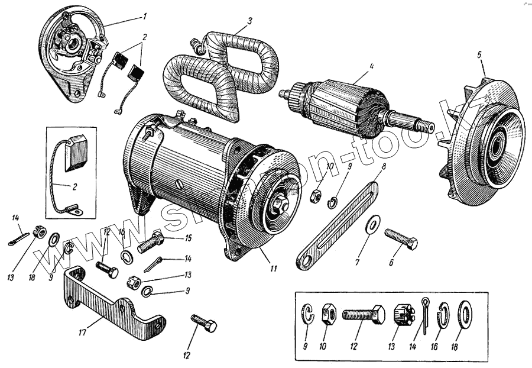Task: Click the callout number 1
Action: click(x=145, y=15)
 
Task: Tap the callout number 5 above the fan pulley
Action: click(x=480, y=55)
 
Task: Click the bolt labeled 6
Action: click(x=401, y=238)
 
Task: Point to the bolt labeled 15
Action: click(x=151, y=243)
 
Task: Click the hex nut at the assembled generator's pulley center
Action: click(x=277, y=206)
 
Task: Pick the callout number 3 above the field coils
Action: click(x=250, y=21)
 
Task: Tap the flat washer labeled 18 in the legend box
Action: click(x=465, y=314)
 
